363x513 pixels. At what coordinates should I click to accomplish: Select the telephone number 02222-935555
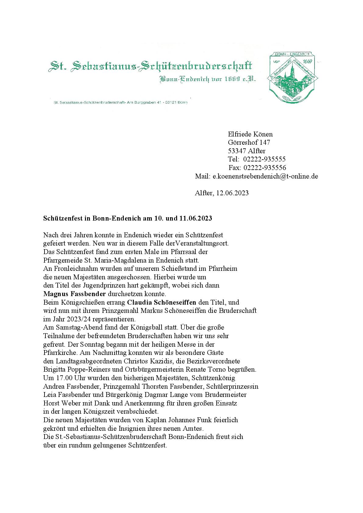click(x=264, y=159)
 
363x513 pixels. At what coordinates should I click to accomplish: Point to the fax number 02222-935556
click(x=265, y=168)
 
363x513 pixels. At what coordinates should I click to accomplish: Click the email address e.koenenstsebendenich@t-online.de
click(x=265, y=176)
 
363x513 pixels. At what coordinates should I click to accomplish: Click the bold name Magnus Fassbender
click(x=74, y=294)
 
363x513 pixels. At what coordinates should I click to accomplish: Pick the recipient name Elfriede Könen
click(x=250, y=134)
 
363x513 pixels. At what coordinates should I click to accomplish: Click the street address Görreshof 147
click(x=249, y=143)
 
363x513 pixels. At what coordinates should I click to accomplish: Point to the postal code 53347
click(x=237, y=151)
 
